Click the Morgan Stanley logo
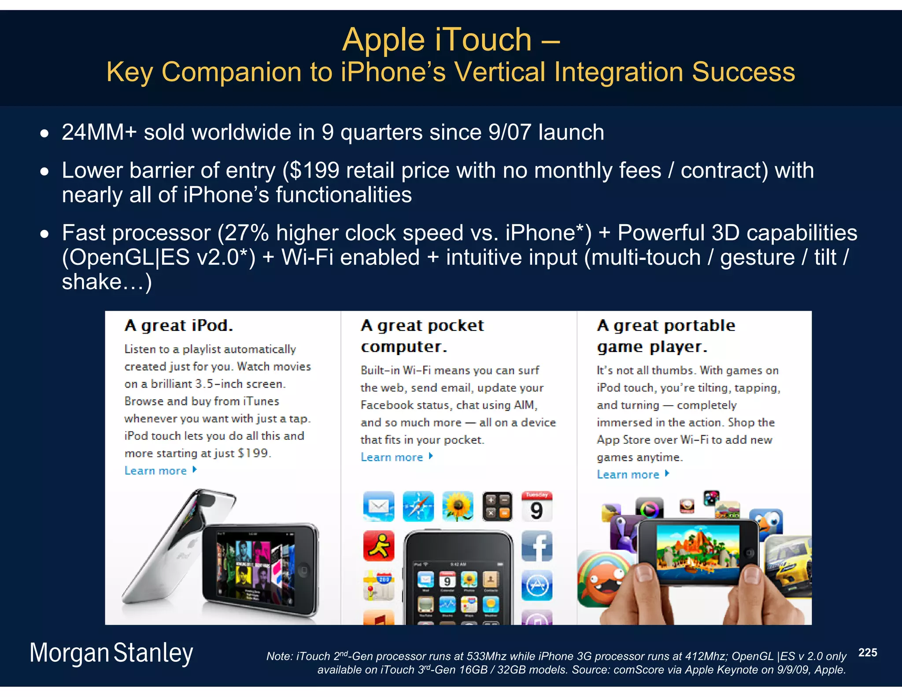111,653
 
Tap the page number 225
867,653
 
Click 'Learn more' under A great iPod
155,471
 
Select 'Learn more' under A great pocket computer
392,457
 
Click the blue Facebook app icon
536,546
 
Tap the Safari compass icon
418,506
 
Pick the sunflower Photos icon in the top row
458,506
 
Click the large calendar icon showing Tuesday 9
536,506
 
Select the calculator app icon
497,506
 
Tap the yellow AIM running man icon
378,546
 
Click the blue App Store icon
536,586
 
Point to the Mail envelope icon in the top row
378,506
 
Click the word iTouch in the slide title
483,40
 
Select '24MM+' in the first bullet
99,132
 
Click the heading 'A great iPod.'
178,326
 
